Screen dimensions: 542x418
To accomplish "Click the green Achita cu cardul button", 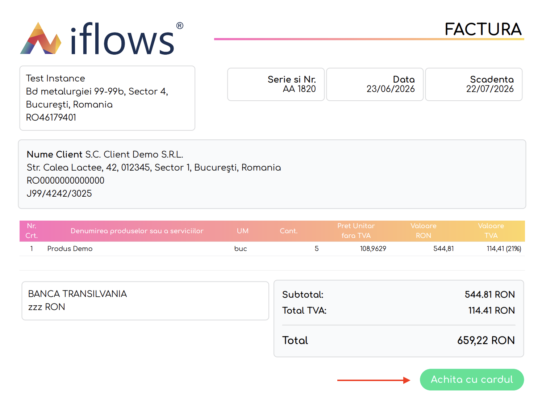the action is (x=471, y=379).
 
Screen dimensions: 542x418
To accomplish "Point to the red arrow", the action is (x=374, y=380).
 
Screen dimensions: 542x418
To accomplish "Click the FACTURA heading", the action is (x=483, y=29).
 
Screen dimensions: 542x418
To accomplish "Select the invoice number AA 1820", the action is (x=299, y=89).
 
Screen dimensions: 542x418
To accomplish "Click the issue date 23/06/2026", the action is (x=390, y=89).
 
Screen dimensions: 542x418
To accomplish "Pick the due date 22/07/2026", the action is (x=489, y=89).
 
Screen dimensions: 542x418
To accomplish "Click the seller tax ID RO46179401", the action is (x=51, y=117).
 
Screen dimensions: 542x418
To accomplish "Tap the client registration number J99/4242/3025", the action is (x=59, y=193).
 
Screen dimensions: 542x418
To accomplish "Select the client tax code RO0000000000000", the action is (x=65, y=180).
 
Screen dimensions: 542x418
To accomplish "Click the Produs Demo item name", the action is (x=70, y=248).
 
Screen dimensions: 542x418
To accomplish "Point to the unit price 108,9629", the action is (x=373, y=248).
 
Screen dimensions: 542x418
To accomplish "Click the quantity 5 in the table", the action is (x=317, y=248).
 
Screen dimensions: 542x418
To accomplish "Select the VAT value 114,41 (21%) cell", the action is (x=504, y=248).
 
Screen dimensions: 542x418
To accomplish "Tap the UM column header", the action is (x=242, y=231).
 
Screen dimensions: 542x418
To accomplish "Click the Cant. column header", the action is (x=289, y=231).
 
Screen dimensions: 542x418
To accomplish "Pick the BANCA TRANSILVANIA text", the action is (x=77, y=294).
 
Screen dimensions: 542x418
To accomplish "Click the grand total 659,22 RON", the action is (x=485, y=340).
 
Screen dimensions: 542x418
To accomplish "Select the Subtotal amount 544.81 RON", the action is (x=489, y=294).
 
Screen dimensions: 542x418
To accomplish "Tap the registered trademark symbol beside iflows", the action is (x=180, y=26).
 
